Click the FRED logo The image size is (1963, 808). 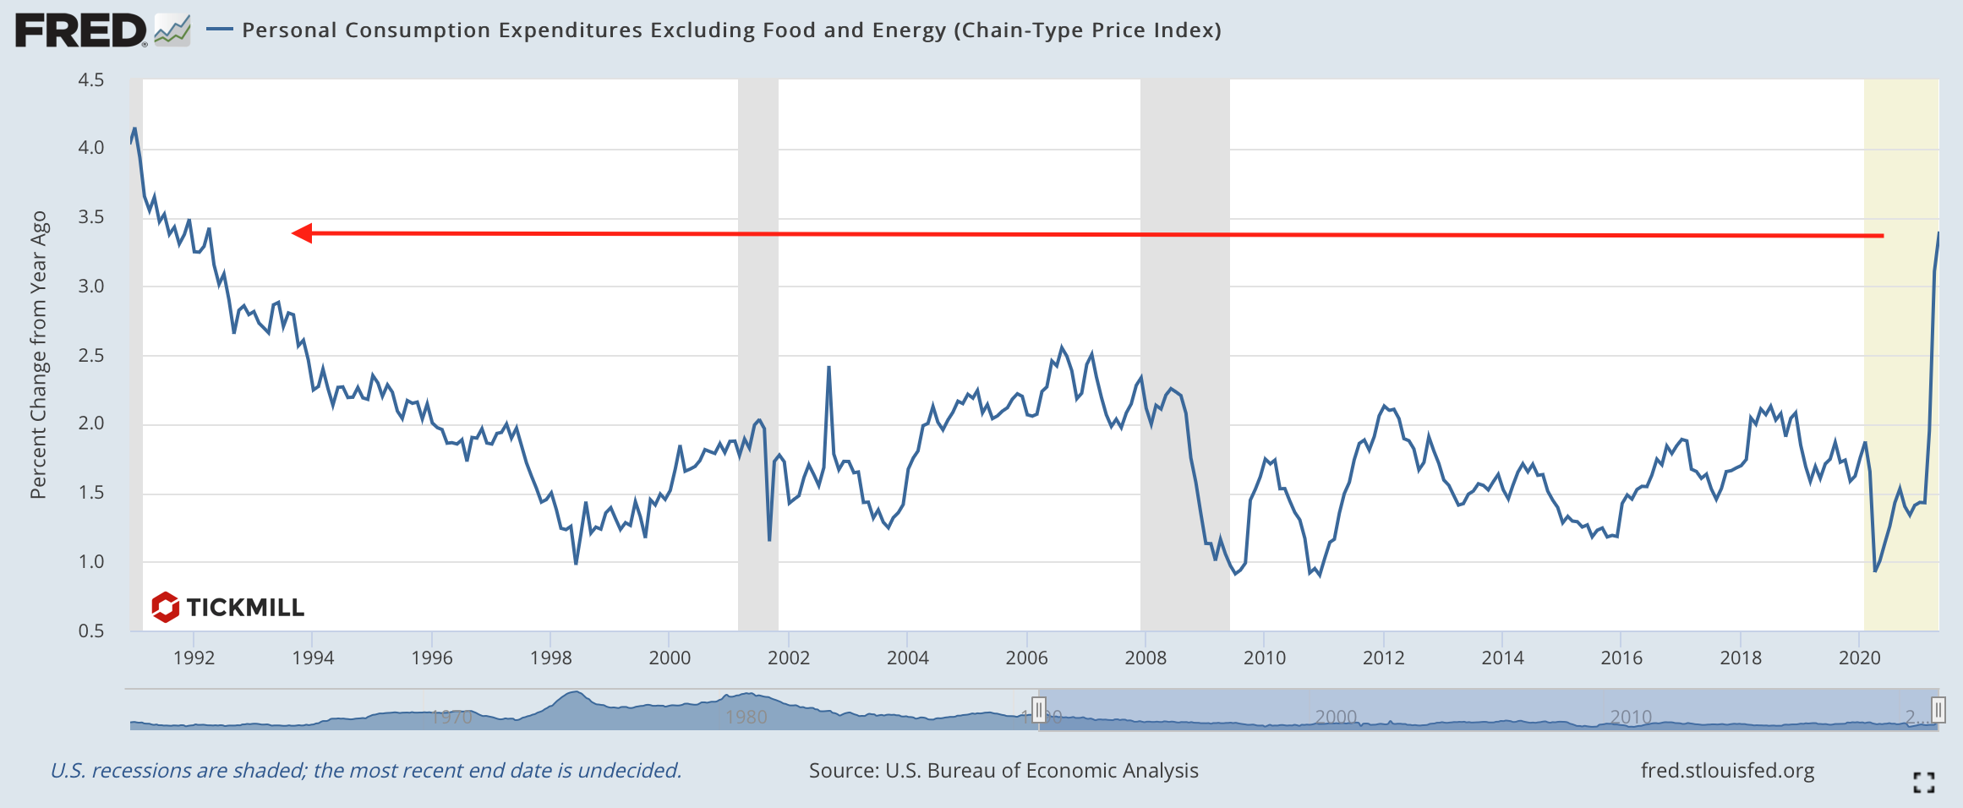pyautogui.click(x=81, y=31)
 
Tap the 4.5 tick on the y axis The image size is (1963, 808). pyautogui.click(x=90, y=80)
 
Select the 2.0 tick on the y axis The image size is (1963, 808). pyautogui.click(x=90, y=423)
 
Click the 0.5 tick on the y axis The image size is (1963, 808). pyautogui.click(x=90, y=631)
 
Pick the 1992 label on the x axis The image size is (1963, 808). pyautogui.click(x=194, y=658)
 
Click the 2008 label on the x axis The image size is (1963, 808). pyautogui.click(x=1146, y=658)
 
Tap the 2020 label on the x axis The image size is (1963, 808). pyautogui.click(x=1859, y=658)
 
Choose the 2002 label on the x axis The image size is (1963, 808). pyautogui.click(x=789, y=658)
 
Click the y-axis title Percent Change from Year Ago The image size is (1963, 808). pyautogui.click(x=39, y=355)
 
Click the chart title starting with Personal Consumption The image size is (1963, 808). pyautogui.click(x=731, y=30)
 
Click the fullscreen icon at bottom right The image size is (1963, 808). pyautogui.click(x=1924, y=783)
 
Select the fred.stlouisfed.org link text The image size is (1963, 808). pyautogui.click(x=1727, y=771)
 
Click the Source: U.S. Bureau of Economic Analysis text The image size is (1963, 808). pyautogui.click(x=1003, y=771)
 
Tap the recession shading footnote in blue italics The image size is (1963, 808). pyautogui.click(x=365, y=771)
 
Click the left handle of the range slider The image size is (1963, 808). pyautogui.click(x=1039, y=709)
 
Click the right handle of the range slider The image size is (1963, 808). pyautogui.click(x=1938, y=709)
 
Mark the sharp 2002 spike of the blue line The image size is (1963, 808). pyautogui.click(x=828, y=368)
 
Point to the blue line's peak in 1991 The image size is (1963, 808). pyautogui.click(x=134, y=129)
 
